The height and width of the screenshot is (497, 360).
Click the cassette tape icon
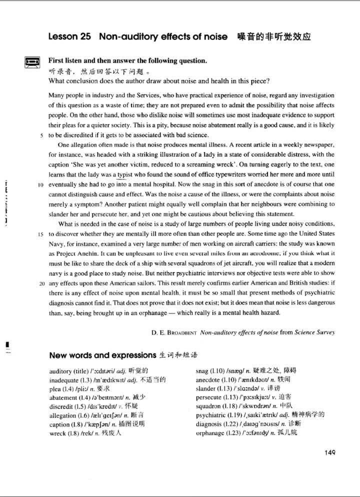32,62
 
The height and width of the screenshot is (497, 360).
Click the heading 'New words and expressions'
102,355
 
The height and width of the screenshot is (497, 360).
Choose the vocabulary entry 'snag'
204,371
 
